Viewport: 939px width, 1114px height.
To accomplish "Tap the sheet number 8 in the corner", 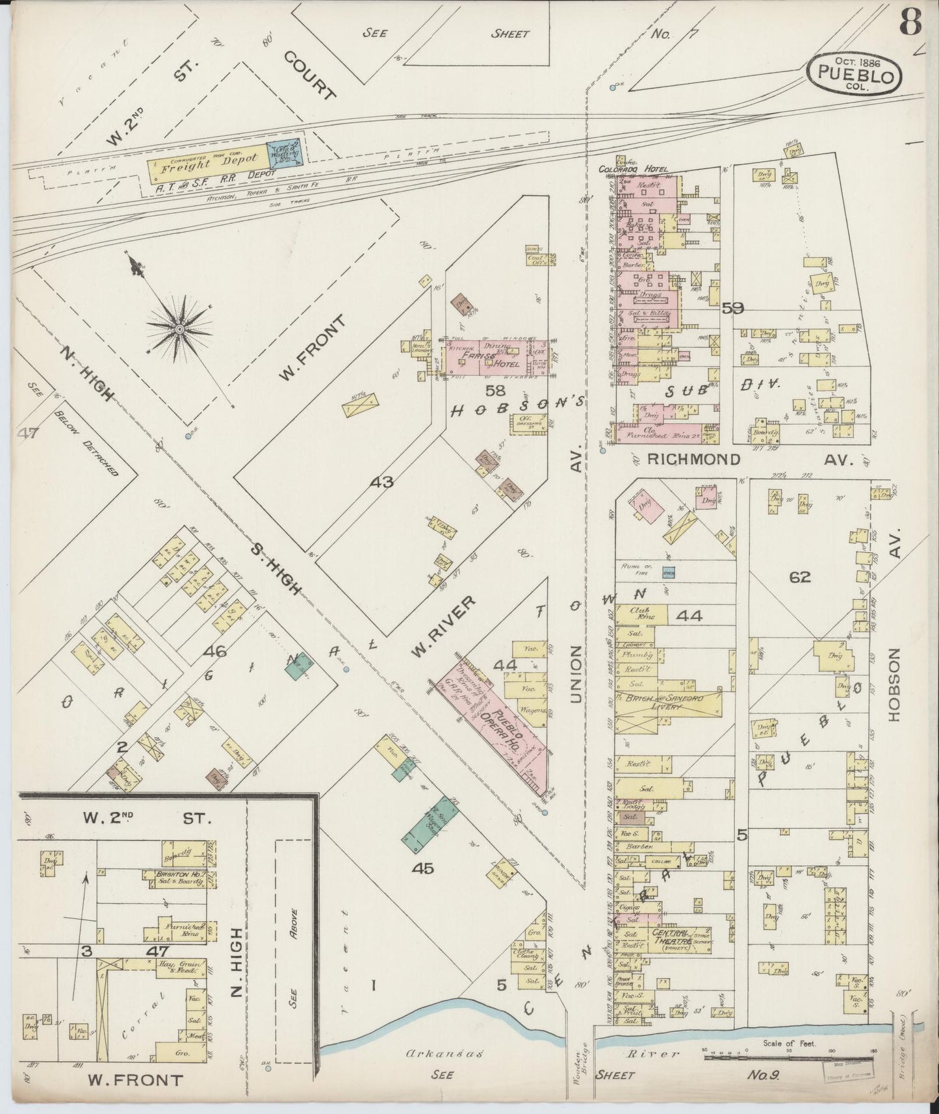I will (911, 25).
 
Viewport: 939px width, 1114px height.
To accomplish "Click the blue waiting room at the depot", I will (285, 155).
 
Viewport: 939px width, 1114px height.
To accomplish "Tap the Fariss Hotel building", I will (495, 356).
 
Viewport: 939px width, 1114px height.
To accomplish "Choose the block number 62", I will (800, 577).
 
